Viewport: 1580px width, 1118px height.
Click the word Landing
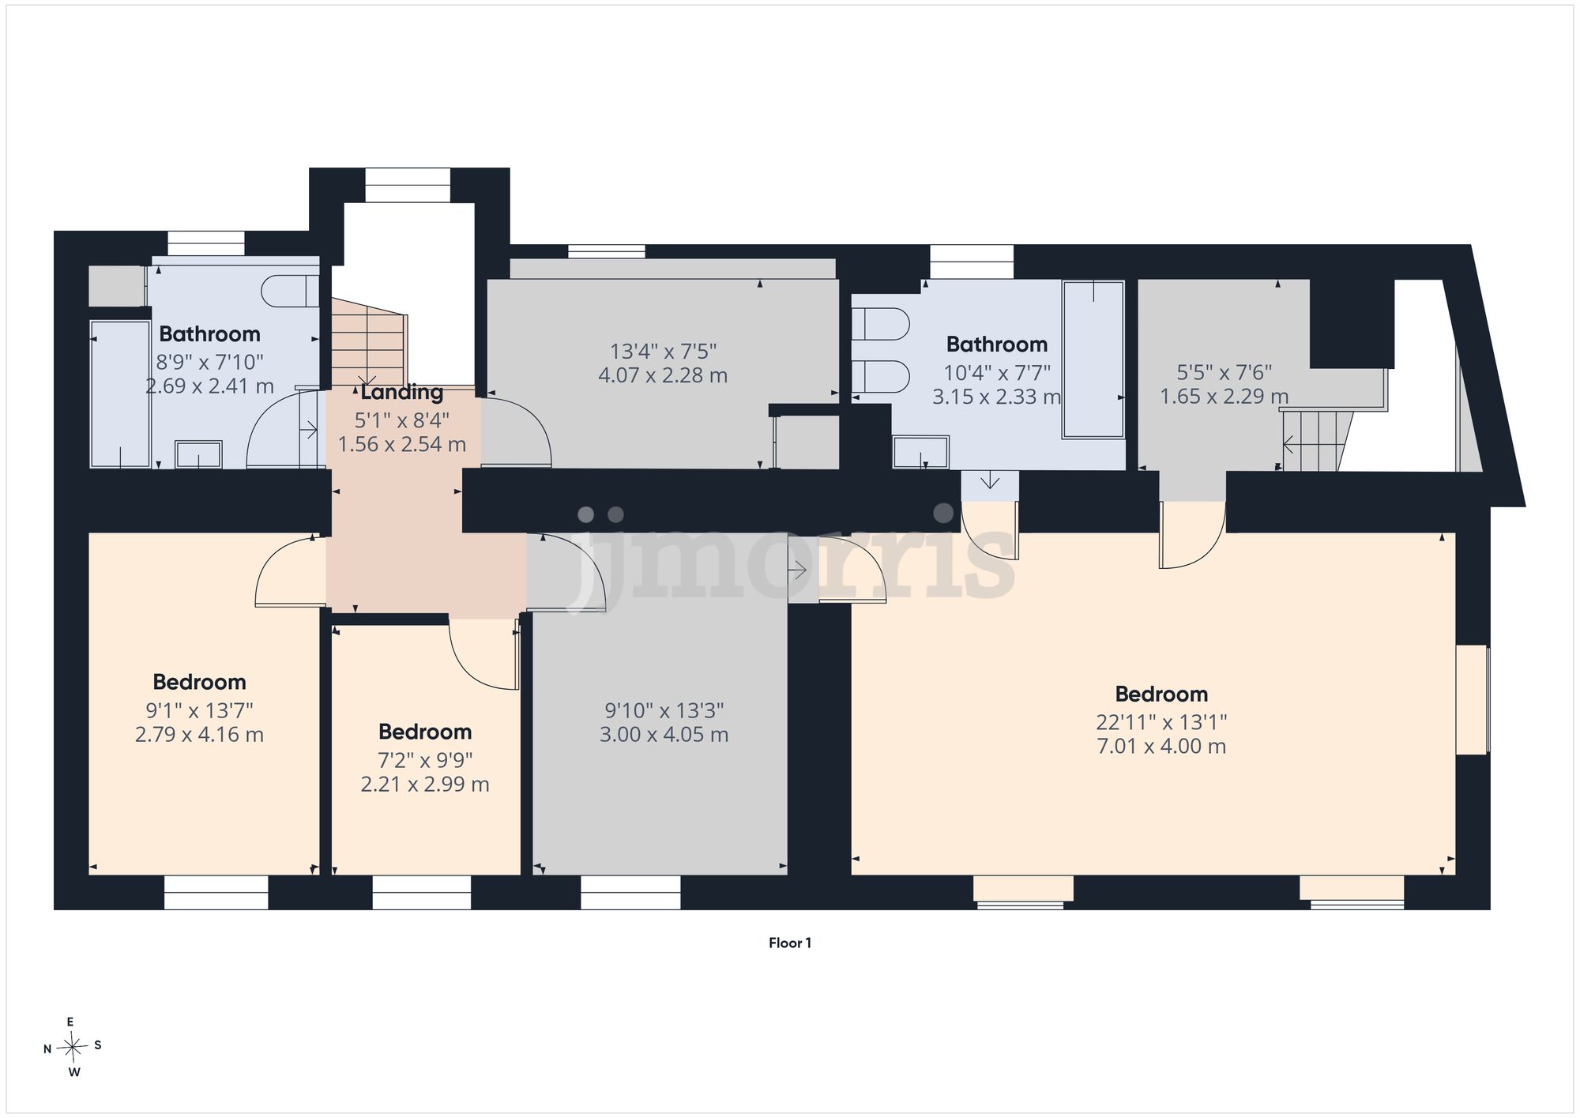[x=402, y=393]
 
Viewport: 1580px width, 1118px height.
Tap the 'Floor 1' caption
[x=790, y=943]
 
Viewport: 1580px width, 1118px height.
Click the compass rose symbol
[x=73, y=1048]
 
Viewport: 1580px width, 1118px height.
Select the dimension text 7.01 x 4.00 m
[x=1161, y=746]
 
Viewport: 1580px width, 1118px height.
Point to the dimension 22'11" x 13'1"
[x=1161, y=721]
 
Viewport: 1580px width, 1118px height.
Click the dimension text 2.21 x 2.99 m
[x=425, y=784]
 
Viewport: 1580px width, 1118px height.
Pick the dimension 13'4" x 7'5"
[x=663, y=350]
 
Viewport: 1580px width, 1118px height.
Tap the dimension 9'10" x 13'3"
[x=664, y=710]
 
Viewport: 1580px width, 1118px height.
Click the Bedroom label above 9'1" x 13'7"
[x=199, y=682]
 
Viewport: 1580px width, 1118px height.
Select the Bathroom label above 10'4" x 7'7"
[x=997, y=344]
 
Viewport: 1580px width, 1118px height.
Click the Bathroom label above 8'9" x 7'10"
[x=209, y=334]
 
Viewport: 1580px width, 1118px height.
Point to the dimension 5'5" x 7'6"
[x=1224, y=371]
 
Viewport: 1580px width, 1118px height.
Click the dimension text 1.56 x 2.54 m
[x=402, y=444]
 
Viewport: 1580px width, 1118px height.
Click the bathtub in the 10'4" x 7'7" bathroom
[x=1093, y=359]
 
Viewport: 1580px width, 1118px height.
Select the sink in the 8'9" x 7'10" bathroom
[x=198, y=454]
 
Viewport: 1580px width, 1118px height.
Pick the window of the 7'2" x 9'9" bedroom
[x=422, y=892]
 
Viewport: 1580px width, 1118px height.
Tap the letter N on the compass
[x=47, y=1049]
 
